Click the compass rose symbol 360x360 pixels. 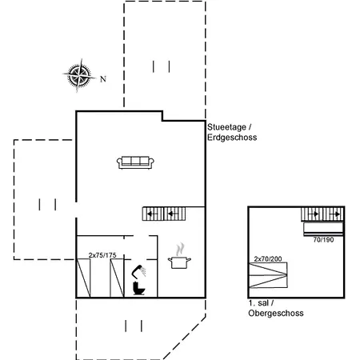79,75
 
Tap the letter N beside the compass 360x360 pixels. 103,79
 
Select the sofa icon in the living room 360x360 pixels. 135,162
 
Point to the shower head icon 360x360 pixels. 138,272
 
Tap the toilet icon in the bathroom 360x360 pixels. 138,288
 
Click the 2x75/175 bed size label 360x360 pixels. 102,255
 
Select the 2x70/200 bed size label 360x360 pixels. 268,259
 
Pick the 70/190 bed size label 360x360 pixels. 323,240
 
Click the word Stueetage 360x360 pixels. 226,127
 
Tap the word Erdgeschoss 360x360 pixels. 232,138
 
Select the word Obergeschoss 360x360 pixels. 276,313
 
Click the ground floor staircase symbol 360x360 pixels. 164,214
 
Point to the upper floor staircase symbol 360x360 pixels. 322,214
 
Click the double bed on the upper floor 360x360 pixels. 268,275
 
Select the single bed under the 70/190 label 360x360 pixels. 323,230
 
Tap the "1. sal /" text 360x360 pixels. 261,303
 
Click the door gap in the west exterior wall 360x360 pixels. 76,210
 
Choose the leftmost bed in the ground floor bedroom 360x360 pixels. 83,278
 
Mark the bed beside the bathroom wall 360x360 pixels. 117,278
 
